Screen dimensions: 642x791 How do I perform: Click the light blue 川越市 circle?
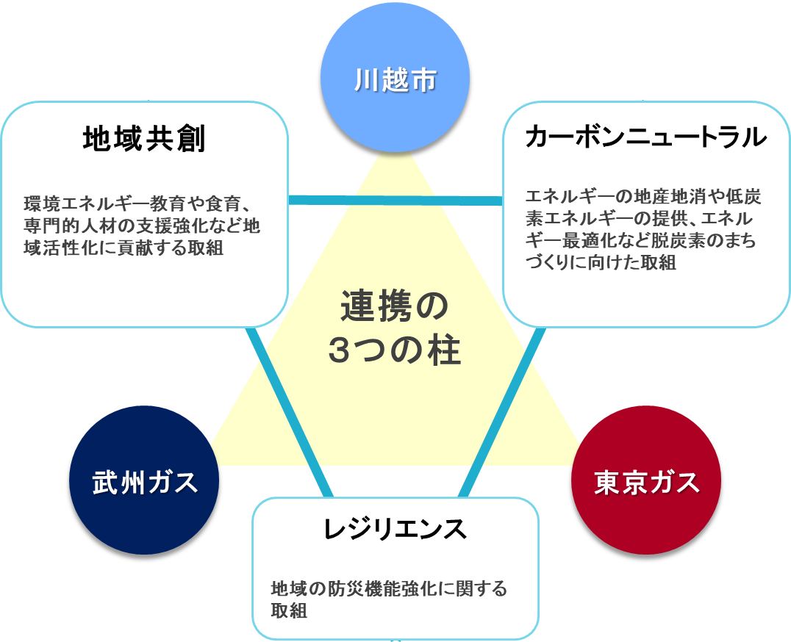tap(395, 79)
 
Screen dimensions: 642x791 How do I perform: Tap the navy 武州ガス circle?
tap(144, 481)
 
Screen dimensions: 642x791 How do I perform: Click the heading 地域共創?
tap(144, 140)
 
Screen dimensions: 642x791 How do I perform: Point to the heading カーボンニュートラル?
tap(646, 137)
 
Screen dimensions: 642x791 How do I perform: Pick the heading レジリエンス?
tap(395, 528)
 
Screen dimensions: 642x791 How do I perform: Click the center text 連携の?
tap(394, 307)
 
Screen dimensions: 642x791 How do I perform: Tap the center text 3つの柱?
tap(394, 350)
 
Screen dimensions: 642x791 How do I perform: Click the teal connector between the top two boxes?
tap(395, 200)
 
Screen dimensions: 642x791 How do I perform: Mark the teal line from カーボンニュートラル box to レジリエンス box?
tap(502, 411)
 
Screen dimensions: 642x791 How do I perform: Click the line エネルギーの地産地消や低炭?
tap(643, 197)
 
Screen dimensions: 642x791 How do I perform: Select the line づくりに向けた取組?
tap(601, 263)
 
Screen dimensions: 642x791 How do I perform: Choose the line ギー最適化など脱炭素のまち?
tap(641, 241)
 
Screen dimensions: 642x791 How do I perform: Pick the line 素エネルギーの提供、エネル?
tap(641, 219)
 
